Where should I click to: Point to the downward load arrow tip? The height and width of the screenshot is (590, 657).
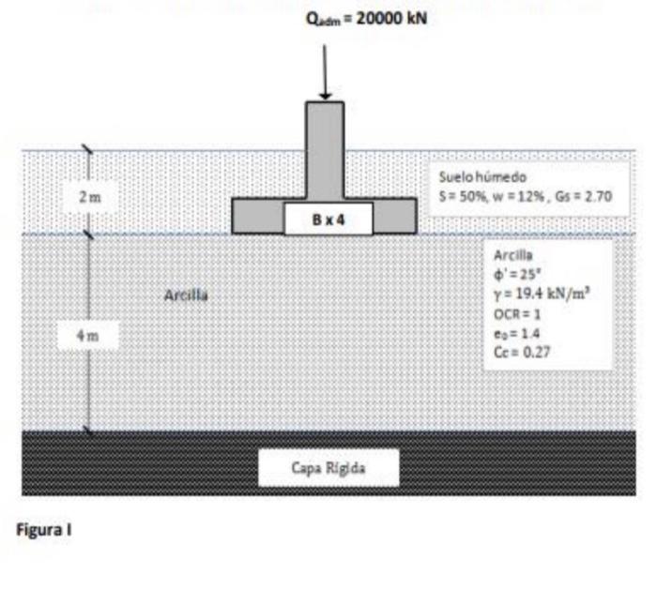click(x=325, y=97)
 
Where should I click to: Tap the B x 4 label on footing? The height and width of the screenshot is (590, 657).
click(x=328, y=221)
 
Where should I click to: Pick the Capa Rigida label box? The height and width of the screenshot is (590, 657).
click(x=328, y=466)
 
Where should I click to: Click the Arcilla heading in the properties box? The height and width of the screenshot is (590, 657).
click(x=511, y=255)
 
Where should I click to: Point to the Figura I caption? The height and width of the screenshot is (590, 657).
click(x=45, y=530)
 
